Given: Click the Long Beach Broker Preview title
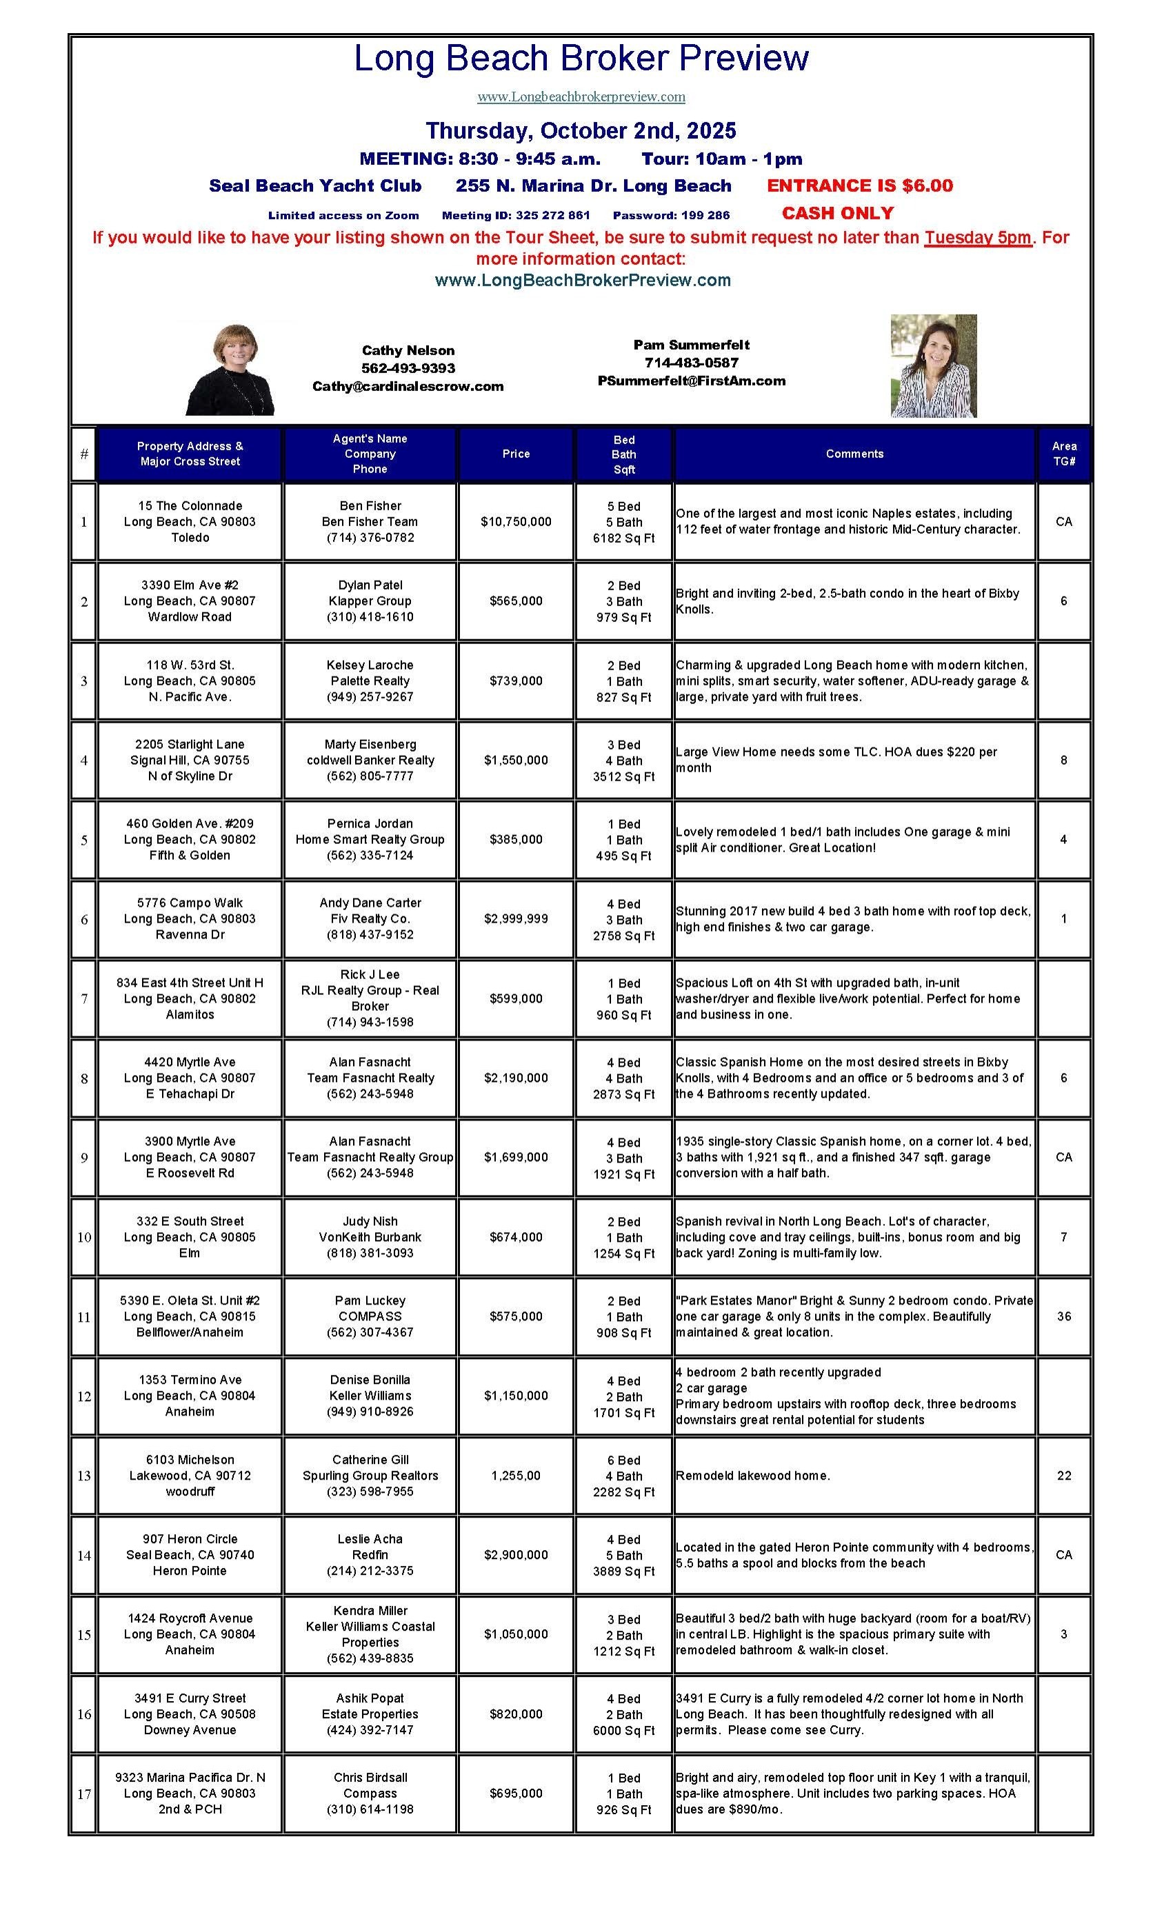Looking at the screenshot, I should pos(581,59).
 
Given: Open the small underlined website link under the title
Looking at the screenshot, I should pos(581,97).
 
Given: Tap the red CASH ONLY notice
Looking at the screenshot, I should pos(837,213).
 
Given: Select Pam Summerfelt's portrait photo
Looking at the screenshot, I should pos(932,365).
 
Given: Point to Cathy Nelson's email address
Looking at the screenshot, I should pos(408,386).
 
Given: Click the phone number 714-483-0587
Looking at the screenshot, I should pos(691,363).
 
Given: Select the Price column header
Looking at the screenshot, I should pos(516,454).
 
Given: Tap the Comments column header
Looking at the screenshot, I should pos(854,454).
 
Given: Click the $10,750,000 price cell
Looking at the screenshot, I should pos(516,522).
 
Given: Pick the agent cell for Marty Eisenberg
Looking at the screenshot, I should pos(370,761).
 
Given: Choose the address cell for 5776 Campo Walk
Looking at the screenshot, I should pos(190,918).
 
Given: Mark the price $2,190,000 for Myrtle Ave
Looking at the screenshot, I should pos(516,1078).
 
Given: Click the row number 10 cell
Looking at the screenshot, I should pos(84,1238).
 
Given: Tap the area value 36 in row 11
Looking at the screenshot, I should pos(1063,1317).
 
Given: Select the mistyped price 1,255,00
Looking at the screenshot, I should pos(516,1476).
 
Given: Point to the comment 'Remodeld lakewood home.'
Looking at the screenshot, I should pos(752,1476).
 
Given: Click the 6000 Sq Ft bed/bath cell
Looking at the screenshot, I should pos(623,1715).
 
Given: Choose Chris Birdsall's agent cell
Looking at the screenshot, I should pos(370,1793).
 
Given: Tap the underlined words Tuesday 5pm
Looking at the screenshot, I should pos(977,238).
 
